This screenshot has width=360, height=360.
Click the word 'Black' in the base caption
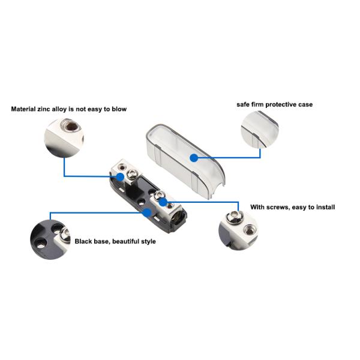(x=84, y=242)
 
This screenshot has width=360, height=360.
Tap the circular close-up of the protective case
(x=259, y=128)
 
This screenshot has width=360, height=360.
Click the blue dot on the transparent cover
(x=193, y=158)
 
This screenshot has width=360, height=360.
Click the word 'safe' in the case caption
(x=243, y=104)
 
